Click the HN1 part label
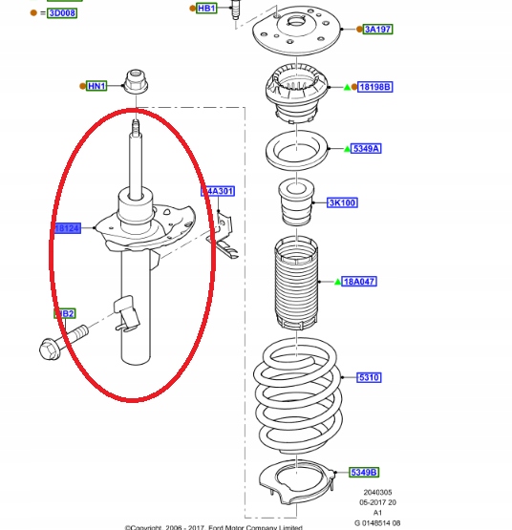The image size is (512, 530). tap(96, 86)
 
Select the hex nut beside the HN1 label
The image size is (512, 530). tap(134, 84)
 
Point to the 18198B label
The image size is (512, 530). tap(375, 87)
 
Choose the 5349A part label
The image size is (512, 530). tap(367, 148)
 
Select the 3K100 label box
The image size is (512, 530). tap(342, 202)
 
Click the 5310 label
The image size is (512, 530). tap(370, 378)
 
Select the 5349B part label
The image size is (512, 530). tap(363, 473)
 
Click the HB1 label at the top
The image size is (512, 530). tap(206, 8)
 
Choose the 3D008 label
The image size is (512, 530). tap(63, 13)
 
